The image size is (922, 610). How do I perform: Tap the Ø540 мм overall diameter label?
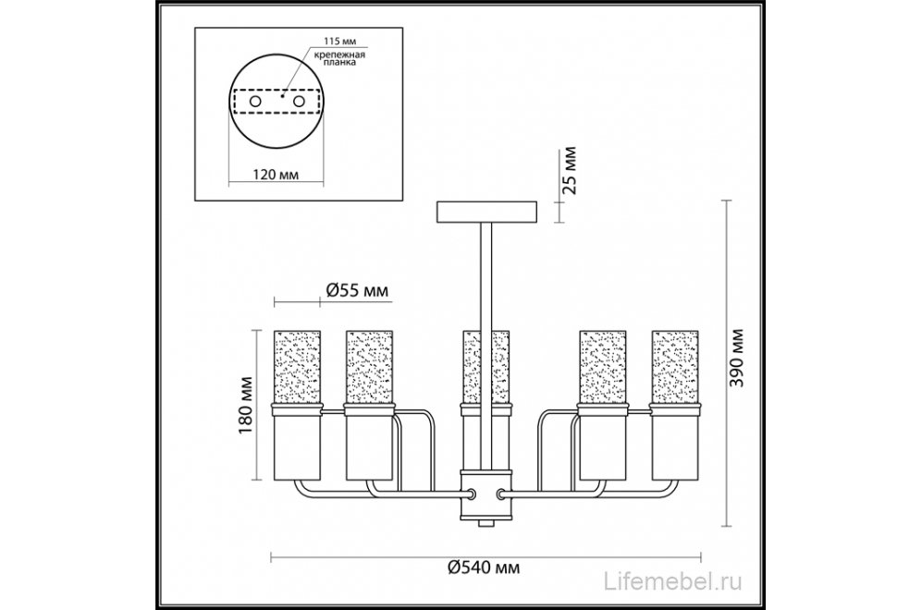pyautogui.click(x=484, y=567)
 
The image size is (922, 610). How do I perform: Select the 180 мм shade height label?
pyautogui.click(x=246, y=406)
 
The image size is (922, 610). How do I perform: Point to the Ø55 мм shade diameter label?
pyautogui.click(x=356, y=290)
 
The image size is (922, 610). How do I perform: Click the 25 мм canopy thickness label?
pyautogui.click(x=570, y=170)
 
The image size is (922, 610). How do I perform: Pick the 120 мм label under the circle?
pyautogui.click(x=276, y=175)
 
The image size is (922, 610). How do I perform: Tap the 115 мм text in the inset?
pyautogui.click(x=340, y=42)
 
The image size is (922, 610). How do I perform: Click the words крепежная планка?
pyautogui.click(x=338, y=58)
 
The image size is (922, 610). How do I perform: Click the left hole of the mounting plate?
pyautogui.click(x=255, y=101)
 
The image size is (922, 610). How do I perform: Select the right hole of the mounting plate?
pyautogui.click(x=300, y=101)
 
